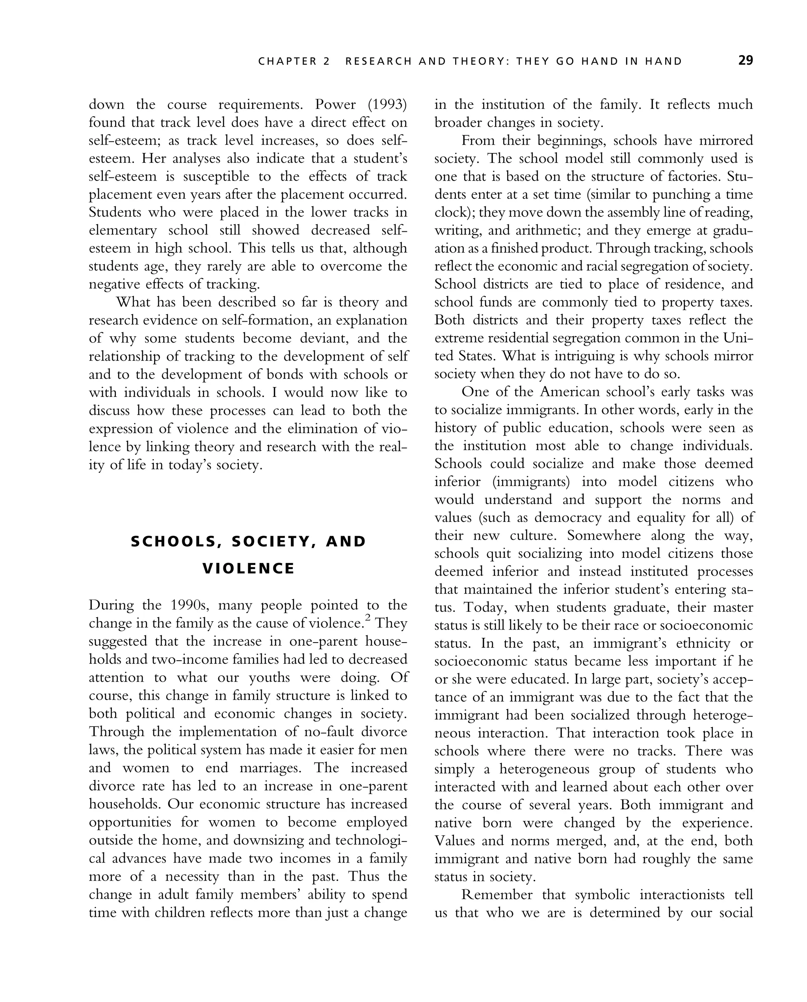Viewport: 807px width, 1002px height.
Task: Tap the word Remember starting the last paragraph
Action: coord(496,895)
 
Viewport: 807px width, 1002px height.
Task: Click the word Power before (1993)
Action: coord(335,104)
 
